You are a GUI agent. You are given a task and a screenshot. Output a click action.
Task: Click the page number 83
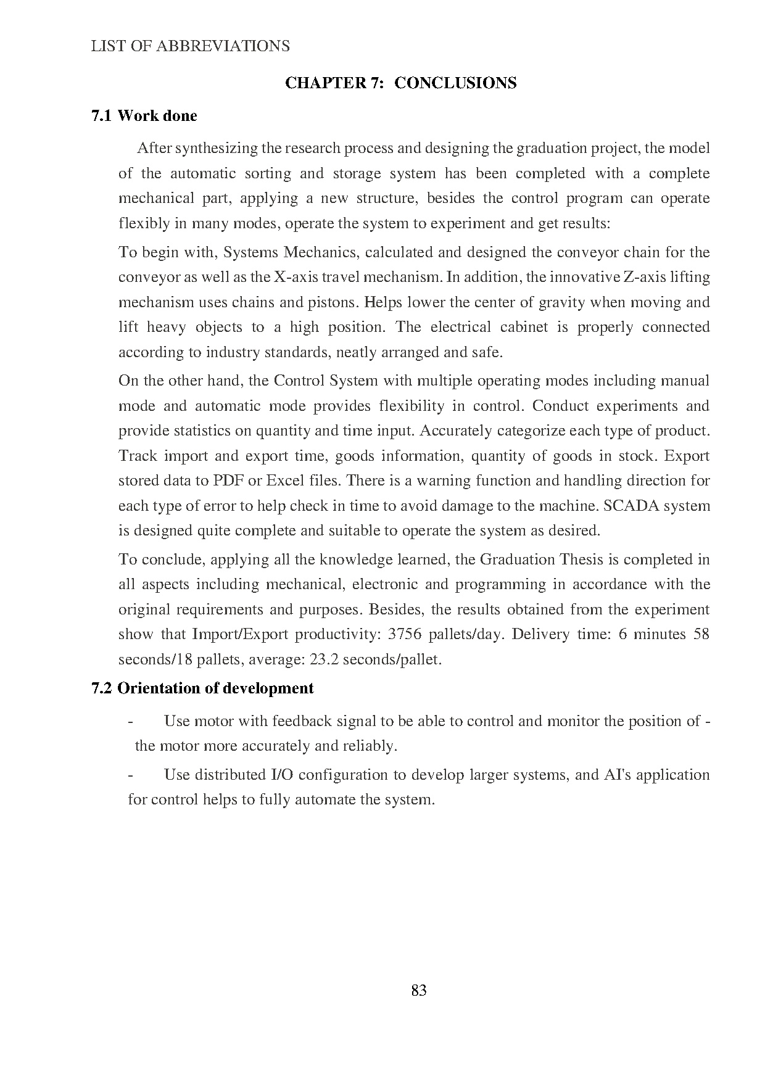[418, 990]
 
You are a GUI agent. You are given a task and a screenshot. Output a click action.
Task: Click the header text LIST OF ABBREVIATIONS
[190, 46]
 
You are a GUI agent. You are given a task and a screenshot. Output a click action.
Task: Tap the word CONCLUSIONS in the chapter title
[455, 83]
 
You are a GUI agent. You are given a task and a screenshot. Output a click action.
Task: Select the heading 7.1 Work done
[144, 116]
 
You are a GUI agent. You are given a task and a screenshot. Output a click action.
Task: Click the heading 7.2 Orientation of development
[202, 688]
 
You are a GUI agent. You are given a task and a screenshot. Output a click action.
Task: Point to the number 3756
[408, 634]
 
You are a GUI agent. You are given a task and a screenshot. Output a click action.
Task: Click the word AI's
[617, 775]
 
